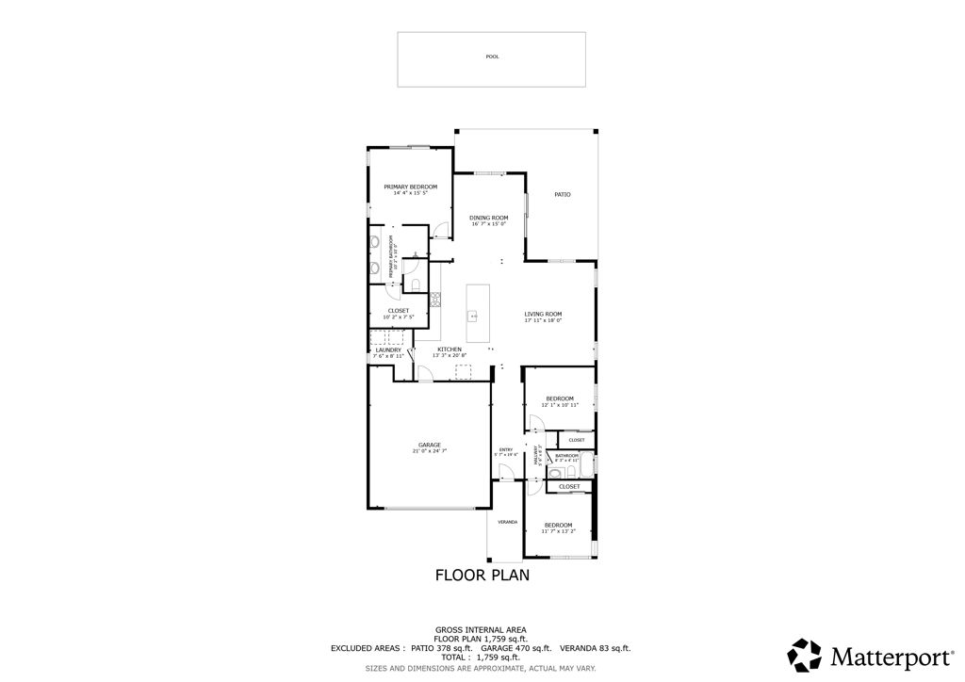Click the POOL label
pos(491,57)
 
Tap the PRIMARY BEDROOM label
pos(410,187)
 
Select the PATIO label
pos(562,195)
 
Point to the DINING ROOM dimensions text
pos(488,224)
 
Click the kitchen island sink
pos(475,316)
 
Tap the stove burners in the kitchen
pos(436,300)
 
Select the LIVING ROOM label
pos(543,314)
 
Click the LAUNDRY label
pos(387,349)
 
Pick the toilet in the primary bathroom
pos(416,285)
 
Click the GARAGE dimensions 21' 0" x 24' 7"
pos(429,452)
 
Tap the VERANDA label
pos(507,522)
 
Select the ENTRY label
pos(506,449)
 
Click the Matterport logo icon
pos(804,654)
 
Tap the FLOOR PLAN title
pos(482,575)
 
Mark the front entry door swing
pos(506,470)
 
